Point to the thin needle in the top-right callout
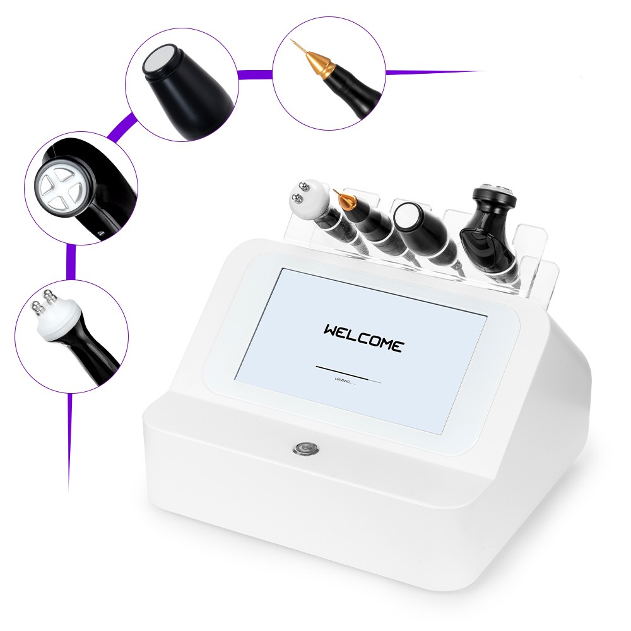click(x=295, y=45)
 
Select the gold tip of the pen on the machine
click(x=345, y=201)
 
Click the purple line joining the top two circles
click(x=255, y=74)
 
